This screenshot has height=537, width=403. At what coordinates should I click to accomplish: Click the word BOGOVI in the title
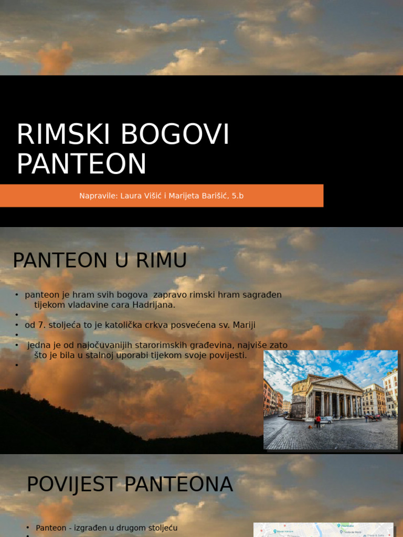[x=175, y=135]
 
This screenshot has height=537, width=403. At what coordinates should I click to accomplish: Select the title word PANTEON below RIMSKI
[x=81, y=164]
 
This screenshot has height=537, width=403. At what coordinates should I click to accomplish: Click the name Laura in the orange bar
[x=131, y=196]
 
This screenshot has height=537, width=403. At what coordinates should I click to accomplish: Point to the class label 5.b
[x=238, y=196]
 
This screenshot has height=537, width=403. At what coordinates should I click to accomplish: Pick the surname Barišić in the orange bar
[x=213, y=196]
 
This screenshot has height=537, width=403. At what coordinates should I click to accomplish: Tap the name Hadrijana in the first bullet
[x=153, y=305]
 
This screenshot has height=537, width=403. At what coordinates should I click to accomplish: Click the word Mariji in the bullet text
[x=243, y=325]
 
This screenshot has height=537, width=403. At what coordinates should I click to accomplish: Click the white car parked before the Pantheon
[x=326, y=419]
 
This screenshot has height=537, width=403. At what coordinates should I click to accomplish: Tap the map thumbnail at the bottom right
[x=323, y=530]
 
